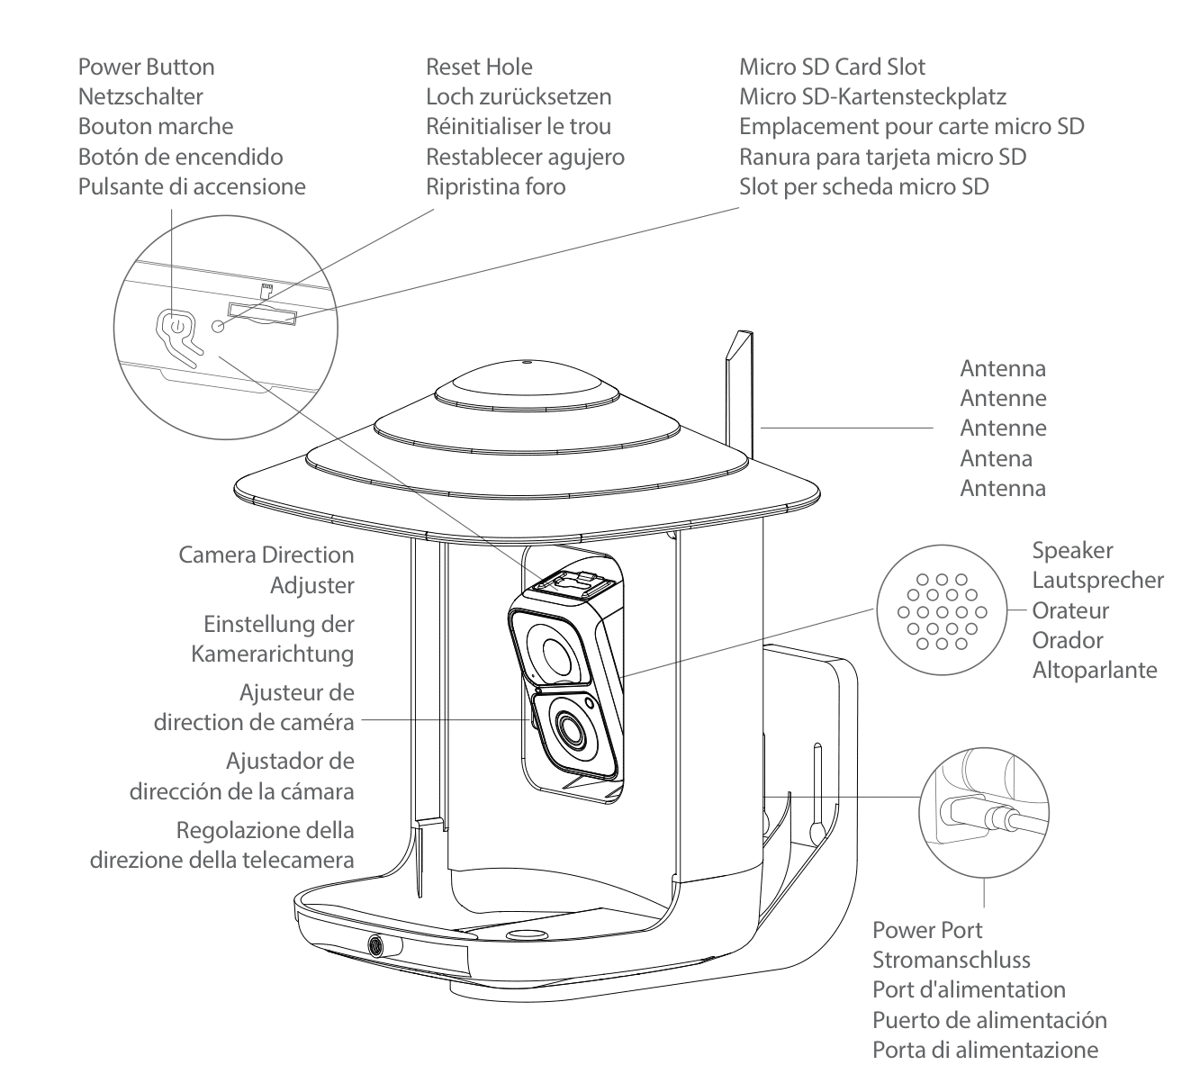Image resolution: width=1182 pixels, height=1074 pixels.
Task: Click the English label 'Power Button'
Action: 146,67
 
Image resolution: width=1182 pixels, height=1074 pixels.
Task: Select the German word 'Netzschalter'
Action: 140,96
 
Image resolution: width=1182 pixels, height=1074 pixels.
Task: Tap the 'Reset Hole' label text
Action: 479,67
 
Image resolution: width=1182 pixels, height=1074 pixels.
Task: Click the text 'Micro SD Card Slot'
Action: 832,67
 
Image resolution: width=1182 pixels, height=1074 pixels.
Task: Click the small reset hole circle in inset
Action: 218,325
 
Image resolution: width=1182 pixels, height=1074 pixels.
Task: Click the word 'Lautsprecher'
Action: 1097,581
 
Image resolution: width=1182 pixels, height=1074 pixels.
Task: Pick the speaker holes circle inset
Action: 939,611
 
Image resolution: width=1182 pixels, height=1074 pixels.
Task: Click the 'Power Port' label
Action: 927,930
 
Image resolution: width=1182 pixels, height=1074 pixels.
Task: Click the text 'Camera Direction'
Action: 266,555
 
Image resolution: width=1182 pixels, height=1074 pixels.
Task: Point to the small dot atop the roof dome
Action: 525,364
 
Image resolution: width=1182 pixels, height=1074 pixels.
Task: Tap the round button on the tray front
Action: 374,945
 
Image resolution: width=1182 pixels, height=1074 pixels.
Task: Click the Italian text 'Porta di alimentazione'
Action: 985,1050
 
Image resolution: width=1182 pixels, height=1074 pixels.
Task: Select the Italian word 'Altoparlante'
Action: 1095,671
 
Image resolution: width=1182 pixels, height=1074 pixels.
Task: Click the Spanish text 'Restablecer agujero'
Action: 525,157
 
